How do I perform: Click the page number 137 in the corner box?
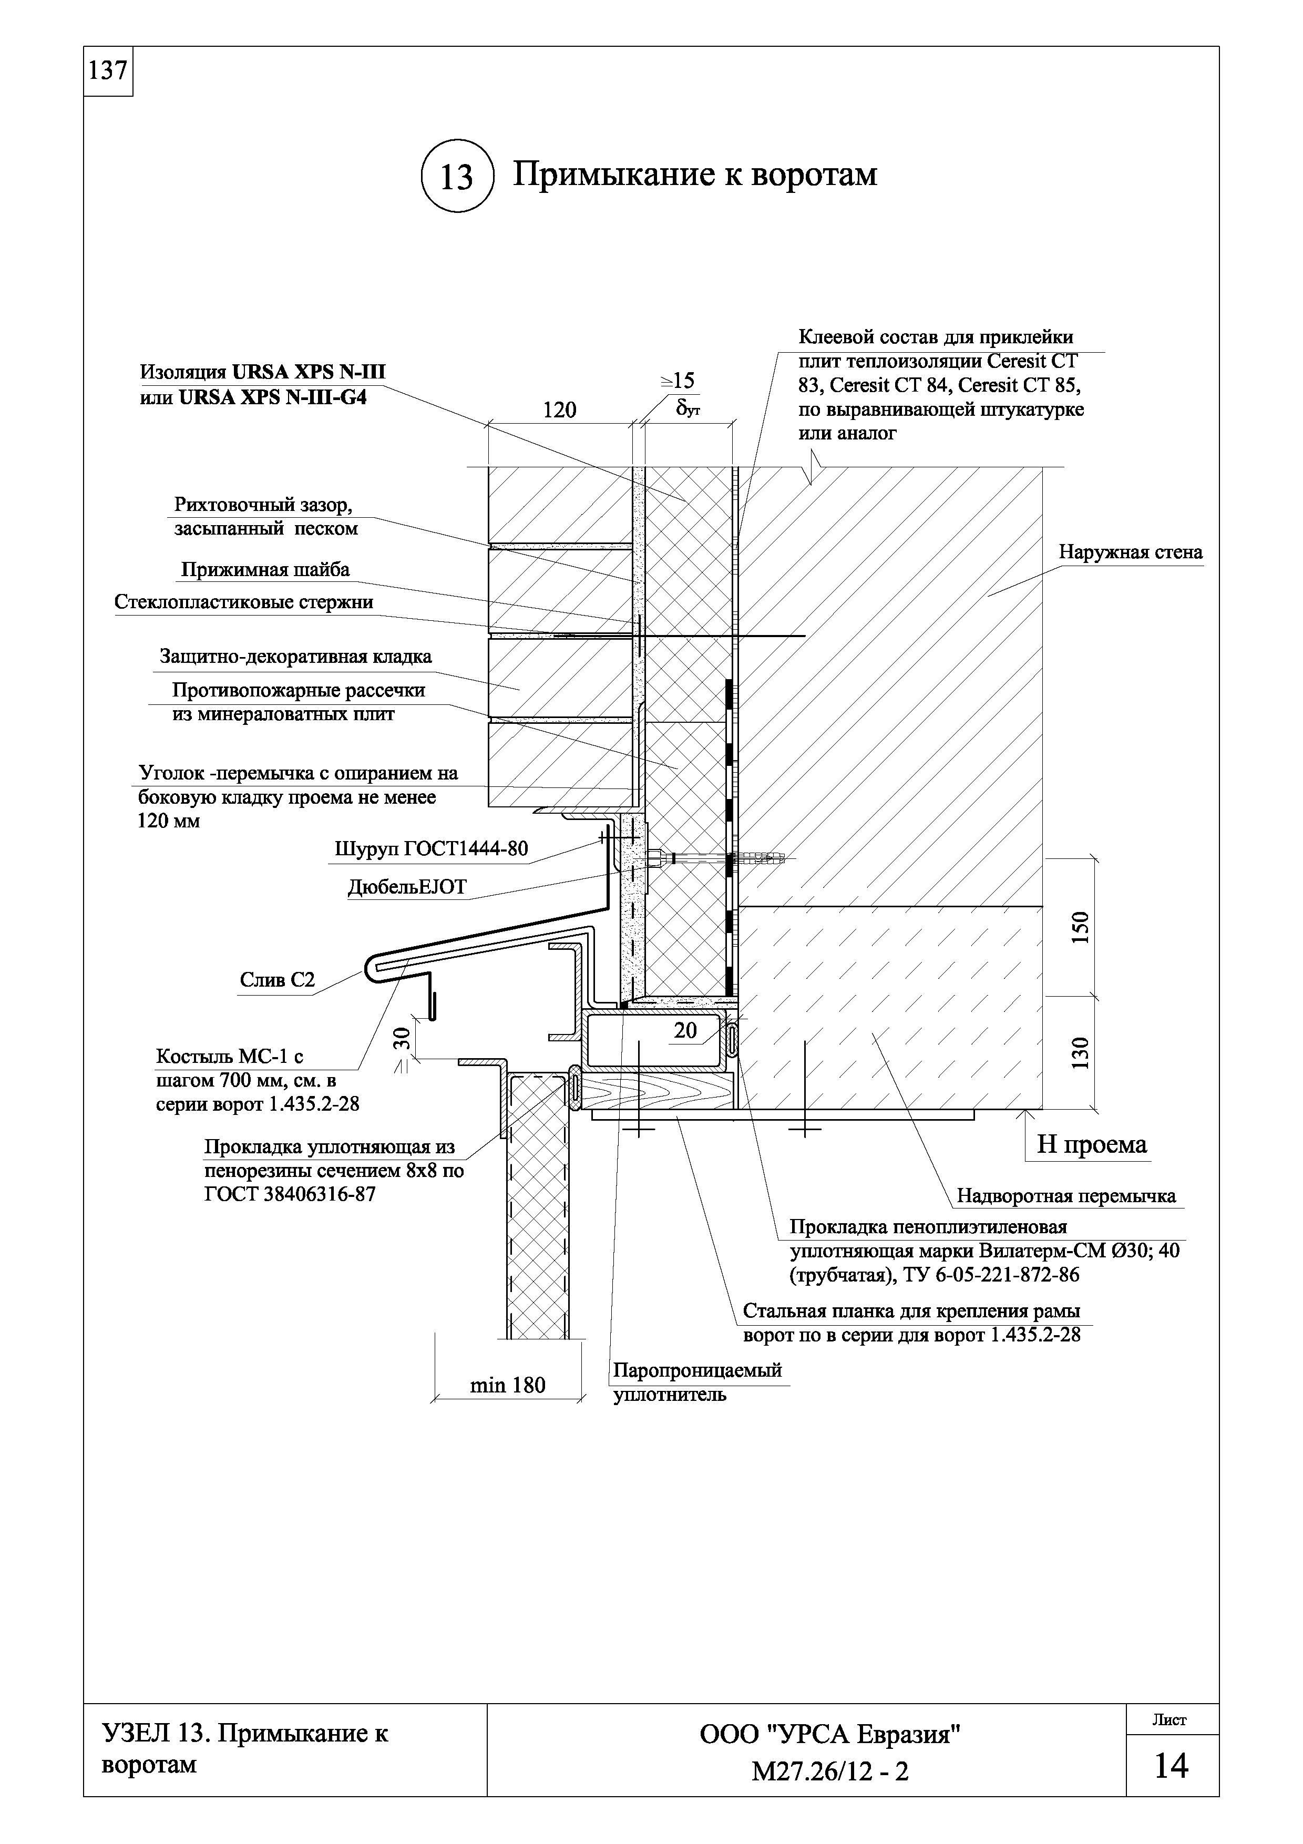(x=108, y=71)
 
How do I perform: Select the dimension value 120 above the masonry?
(x=560, y=411)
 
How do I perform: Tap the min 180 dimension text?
(x=507, y=1385)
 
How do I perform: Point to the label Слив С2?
(x=277, y=980)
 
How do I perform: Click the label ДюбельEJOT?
(x=406, y=887)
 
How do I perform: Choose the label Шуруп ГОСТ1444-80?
(x=431, y=849)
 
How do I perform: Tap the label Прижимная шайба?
(x=265, y=570)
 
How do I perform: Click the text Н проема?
(x=1091, y=1144)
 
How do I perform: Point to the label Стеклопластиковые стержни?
(x=244, y=602)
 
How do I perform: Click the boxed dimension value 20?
(x=685, y=1030)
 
